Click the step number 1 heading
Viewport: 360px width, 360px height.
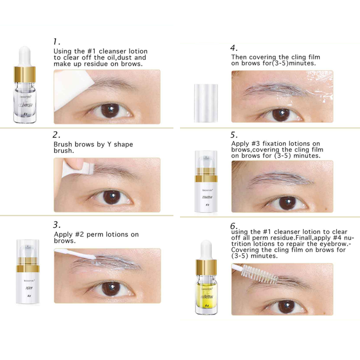tap(57, 42)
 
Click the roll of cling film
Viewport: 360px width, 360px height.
tap(207, 103)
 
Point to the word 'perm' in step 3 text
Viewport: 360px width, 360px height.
tap(94, 234)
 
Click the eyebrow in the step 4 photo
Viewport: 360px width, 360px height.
tap(272, 89)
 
